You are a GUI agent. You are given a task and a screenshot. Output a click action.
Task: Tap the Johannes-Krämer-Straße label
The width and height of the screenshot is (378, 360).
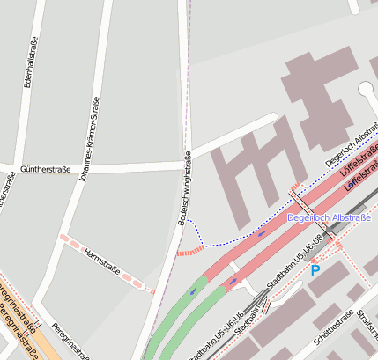pyautogui.click(x=89, y=141)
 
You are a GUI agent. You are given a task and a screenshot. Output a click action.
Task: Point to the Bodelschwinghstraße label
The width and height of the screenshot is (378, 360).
pyautogui.click(x=186, y=189)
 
